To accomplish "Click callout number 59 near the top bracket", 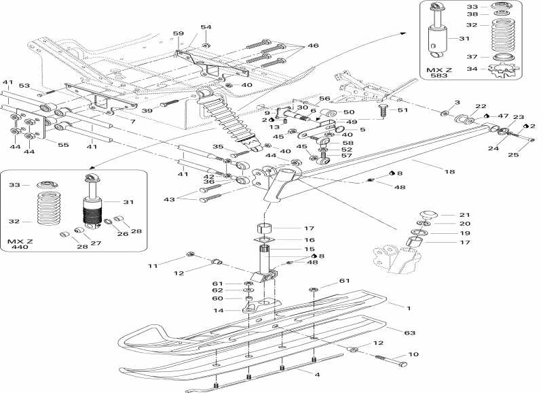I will pos(178,33).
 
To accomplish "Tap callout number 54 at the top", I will pos(206,27).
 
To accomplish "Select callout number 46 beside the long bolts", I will pos(313,45).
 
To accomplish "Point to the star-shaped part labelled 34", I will pos(503,69).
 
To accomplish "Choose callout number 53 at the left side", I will pos(24,86).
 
